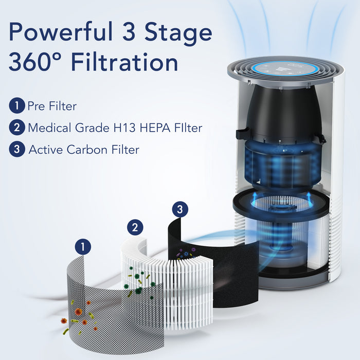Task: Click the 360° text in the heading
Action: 34,63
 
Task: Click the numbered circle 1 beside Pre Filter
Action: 17,106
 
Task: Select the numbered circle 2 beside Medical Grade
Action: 17,128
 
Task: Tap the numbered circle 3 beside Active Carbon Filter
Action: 17,150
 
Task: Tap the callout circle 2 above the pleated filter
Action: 135,227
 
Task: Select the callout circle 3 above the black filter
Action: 179,209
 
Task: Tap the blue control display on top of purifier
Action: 278,69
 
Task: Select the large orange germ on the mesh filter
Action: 78,311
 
